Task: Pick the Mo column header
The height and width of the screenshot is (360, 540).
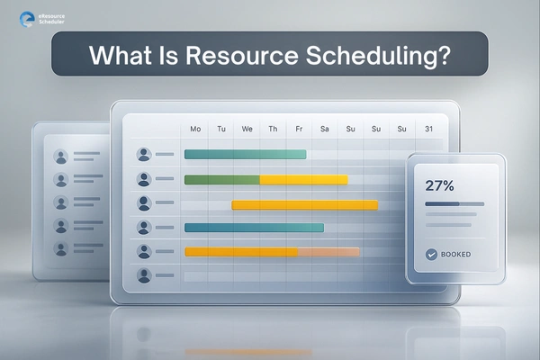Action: (195, 130)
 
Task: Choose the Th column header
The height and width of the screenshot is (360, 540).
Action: (273, 130)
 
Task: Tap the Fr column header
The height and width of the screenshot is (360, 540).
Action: (299, 130)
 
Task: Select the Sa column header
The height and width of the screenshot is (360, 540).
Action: (325, 130)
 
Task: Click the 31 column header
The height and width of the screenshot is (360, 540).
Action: (429, 130)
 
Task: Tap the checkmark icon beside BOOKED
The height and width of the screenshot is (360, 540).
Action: (431, 255)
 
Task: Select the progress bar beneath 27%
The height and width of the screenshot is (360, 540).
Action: (454, 204)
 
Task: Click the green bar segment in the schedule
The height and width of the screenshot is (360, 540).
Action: (222, 180)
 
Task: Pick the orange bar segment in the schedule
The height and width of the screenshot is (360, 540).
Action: (328, 252)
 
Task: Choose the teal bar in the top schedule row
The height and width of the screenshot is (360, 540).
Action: (245, 154)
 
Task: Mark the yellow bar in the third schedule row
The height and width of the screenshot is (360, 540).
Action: (304, 204)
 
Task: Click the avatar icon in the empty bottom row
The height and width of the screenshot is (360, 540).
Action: (143, 276)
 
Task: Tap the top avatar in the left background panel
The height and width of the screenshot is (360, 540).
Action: (61, 157)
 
